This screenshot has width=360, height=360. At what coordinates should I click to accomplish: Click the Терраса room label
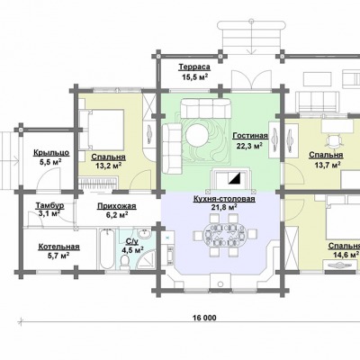tap(194, 67)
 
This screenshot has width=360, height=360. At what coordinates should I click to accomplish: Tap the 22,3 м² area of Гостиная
tap(247, 146)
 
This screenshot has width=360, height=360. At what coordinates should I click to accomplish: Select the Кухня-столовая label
tap(224, 199)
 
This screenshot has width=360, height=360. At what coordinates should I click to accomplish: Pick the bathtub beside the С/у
tap(106, 249)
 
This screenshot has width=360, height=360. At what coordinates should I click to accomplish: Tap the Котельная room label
tap(58, 247)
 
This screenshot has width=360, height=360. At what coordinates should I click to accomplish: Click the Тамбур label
tap(49, 206)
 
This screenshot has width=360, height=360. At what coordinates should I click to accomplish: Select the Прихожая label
tap(117, 206)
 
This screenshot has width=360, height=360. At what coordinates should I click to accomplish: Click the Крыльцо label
tap(51, 153)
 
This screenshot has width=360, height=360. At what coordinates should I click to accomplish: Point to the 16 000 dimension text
tap(202, 318)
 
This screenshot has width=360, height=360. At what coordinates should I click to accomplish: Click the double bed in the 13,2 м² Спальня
tap(102, 130)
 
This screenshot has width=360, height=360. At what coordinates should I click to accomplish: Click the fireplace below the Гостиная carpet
tap(229, 179)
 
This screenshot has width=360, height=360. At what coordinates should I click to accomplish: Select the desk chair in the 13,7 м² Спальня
tap(334, 139)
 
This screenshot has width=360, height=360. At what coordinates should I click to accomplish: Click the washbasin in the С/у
tap(145, 234)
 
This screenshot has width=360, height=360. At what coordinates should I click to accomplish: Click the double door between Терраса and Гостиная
tap(248, 79)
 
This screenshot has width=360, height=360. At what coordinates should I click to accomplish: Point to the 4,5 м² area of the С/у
tap(132, 250)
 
